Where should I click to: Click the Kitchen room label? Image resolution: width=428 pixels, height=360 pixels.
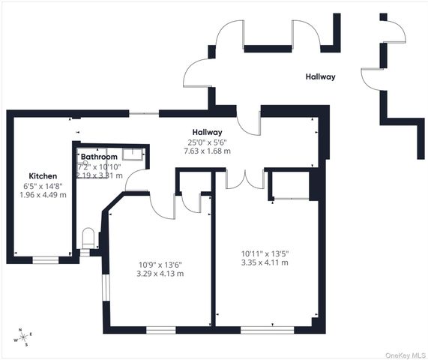(x=43, y=175)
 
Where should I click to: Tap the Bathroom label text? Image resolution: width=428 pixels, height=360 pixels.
(x=100, y=157)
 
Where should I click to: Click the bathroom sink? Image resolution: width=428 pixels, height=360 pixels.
(x=133, y=154)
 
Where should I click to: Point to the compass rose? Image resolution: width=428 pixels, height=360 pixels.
(x=22, y=337)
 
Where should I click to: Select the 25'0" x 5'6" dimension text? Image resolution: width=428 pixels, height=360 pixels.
(x=206, y=141)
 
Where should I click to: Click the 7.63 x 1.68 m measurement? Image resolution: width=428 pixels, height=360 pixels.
(x=206, y=151)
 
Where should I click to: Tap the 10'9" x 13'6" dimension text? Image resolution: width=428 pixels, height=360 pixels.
(x=160, y=264)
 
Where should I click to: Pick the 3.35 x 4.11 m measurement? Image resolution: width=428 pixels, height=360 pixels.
(x=264, y=262)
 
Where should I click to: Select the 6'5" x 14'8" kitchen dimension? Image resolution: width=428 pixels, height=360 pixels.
(x=43, y=185)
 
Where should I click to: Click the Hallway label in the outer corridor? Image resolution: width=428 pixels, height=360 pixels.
(x=320, y=77)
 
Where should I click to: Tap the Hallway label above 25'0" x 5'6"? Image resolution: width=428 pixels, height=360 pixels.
(x=206, y=130)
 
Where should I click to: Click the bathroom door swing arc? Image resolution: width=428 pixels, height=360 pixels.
(x=135, y=180)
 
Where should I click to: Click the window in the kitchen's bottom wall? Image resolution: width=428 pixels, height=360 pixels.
(x=46, y=260)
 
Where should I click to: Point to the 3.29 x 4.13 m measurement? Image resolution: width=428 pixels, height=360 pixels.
(x=160, y=274)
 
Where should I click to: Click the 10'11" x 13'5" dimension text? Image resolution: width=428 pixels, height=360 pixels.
(x=264, y=253)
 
